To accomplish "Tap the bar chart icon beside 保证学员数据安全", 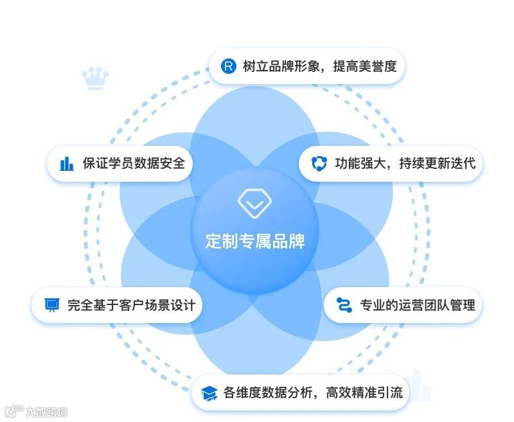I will (66, 163).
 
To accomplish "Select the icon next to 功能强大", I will (319, 163).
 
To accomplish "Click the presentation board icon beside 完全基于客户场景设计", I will (52, 304).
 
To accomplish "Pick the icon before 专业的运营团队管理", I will (344, 304).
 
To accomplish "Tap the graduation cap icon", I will (209, 392).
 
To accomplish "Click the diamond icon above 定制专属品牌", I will (256, 202).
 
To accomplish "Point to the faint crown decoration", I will (95, 78).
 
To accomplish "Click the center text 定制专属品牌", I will (255, 242).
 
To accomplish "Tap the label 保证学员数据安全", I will (134, 163).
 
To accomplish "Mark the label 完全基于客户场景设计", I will (131, 304).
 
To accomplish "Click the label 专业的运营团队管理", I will (418, 304).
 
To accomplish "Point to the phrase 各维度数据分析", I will (265, 392).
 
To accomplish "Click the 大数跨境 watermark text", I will (46, 412).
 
